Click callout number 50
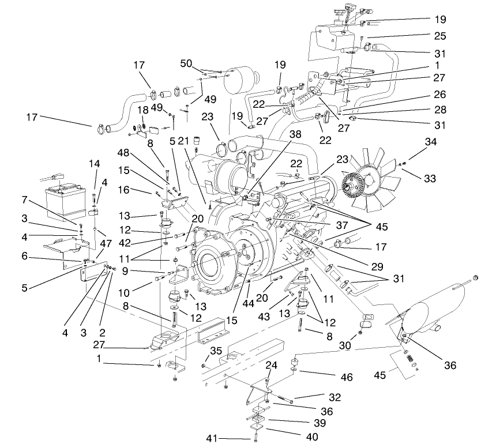(186, 63)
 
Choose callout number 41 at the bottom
(212, 439)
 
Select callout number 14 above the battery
(95, 163)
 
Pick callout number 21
(184, 141)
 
